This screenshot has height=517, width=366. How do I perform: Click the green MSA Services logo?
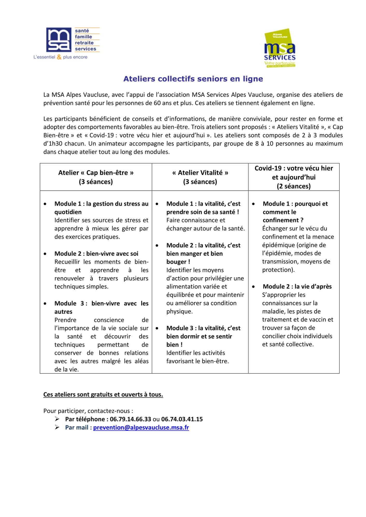click(x=280, y=48)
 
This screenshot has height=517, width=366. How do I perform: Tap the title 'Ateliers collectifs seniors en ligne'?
click(x=193, y=79)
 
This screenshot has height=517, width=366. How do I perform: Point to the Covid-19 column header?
click(x=294, y=177)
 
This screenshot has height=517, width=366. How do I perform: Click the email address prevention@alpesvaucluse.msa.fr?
click(x=141, y=427)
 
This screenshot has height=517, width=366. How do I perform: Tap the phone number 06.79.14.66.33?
click(x=130, y=419)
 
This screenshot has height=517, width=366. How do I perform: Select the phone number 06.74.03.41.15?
click(x=182, y=419)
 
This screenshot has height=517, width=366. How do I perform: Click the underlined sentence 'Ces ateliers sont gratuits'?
click(x=103, y=394)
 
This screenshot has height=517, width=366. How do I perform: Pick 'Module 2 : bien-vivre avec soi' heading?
click(x=96, y=254)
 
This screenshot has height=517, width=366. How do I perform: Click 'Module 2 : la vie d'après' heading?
click(x=297, y=286)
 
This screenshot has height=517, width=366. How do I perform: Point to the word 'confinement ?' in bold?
click(x=283, y=220)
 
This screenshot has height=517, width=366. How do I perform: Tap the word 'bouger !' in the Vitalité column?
click(x=178, y=262)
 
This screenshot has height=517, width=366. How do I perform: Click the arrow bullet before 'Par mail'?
click(x=57, y=427)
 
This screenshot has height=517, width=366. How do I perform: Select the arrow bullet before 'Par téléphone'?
click(x=57, y=419)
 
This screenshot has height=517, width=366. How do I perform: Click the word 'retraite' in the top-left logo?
click(x=84, y=43)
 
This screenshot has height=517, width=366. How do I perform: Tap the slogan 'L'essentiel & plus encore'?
click(x=60, y=57)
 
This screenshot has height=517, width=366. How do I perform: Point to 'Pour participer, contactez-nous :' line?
click(x=88, y=411)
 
